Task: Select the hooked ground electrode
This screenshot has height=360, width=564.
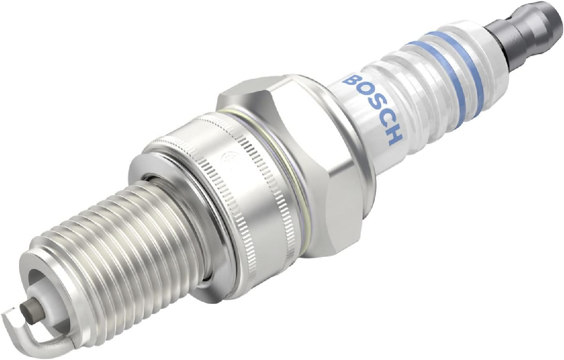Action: pyautogui.click(x=29, y=329)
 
